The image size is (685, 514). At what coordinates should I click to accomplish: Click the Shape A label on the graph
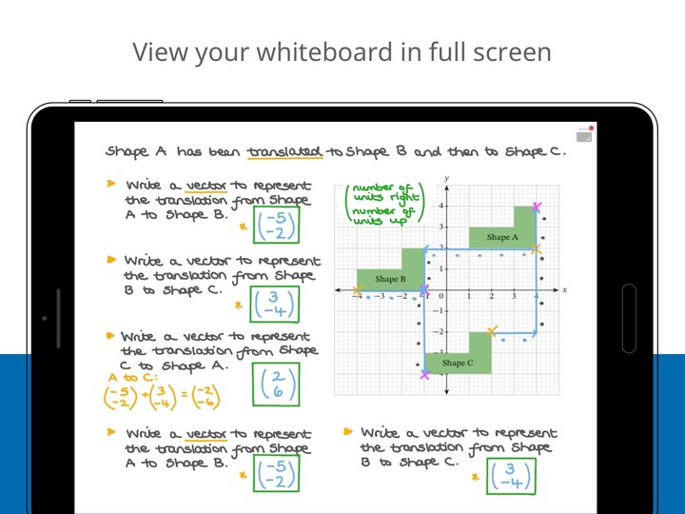coord(502,237)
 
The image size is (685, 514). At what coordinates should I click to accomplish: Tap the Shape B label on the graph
coord(390,279)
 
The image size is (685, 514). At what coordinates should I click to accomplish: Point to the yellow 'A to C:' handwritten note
coord(129,377)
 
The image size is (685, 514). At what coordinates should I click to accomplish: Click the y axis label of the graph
coord(446,179)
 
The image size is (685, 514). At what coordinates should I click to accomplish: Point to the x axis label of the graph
coord(564,289)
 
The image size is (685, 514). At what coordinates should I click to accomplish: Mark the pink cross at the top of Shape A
coord(538,207)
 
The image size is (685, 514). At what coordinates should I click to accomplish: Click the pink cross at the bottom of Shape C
coord(424,374)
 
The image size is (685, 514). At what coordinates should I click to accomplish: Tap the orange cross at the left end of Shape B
coord(358,290)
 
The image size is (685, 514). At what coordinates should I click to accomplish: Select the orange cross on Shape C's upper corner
coord(492,331)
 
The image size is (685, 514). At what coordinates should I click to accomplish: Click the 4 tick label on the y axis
coord(440,206)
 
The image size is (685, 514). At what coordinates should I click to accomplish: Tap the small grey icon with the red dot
coord(584,135)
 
